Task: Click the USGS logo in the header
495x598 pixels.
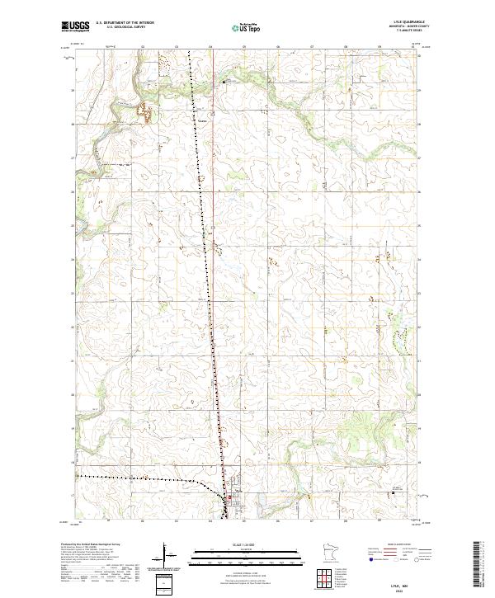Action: coord(75,26)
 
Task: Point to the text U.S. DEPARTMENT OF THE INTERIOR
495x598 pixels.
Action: coord(125,23)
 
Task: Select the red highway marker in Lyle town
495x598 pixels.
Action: coord(229,497)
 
